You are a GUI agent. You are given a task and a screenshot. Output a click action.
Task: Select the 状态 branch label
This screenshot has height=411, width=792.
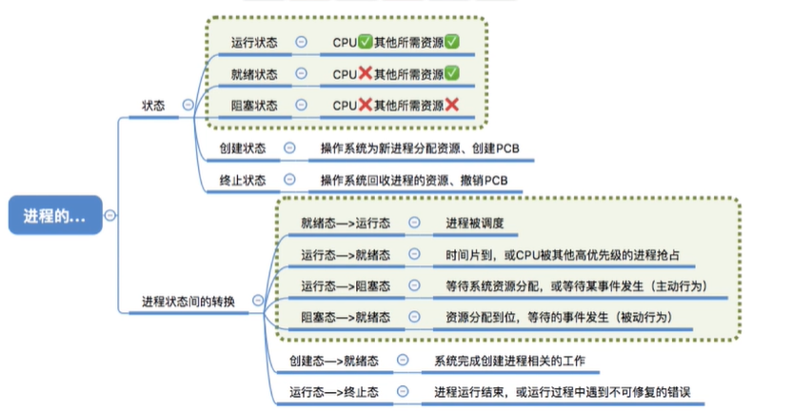(x=153, y=106)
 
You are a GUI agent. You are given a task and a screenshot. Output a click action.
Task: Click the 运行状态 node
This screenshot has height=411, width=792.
(x=255, y=42)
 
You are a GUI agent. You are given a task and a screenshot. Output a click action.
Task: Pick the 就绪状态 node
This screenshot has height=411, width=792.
(x=255, y=73)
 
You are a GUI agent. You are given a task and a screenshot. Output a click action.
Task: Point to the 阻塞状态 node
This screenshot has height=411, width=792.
(x=255, y=105)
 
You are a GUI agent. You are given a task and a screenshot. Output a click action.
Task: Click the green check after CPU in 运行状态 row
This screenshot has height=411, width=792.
(x=366, y=42)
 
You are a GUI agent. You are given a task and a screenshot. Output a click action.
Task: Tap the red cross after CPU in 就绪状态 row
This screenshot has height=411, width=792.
(x=366, y=73)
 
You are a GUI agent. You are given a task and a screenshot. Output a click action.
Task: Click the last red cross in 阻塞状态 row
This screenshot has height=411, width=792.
(x=451, y=105)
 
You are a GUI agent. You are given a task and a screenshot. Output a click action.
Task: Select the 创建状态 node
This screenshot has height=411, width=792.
(x=243, y=148)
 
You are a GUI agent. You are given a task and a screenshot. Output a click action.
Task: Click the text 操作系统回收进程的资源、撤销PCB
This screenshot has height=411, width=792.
(x=414, y=180)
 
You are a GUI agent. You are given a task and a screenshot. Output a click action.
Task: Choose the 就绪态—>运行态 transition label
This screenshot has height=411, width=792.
(x=340, y=224)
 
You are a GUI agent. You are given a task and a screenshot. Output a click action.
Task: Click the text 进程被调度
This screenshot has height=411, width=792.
(x=474, y=224)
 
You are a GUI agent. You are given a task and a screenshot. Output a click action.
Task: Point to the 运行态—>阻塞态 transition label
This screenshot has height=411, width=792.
(x=340, y=284)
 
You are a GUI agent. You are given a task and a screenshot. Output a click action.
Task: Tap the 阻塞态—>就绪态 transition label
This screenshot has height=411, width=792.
(x=340, y=316)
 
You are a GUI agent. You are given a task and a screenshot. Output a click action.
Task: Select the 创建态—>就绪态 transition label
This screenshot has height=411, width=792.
(x=335, y=361)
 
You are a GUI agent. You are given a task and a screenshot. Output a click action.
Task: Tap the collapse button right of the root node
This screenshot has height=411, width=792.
(x=112, y=217)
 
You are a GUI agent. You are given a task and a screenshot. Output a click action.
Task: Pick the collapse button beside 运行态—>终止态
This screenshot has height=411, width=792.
(x=404, y=391)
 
